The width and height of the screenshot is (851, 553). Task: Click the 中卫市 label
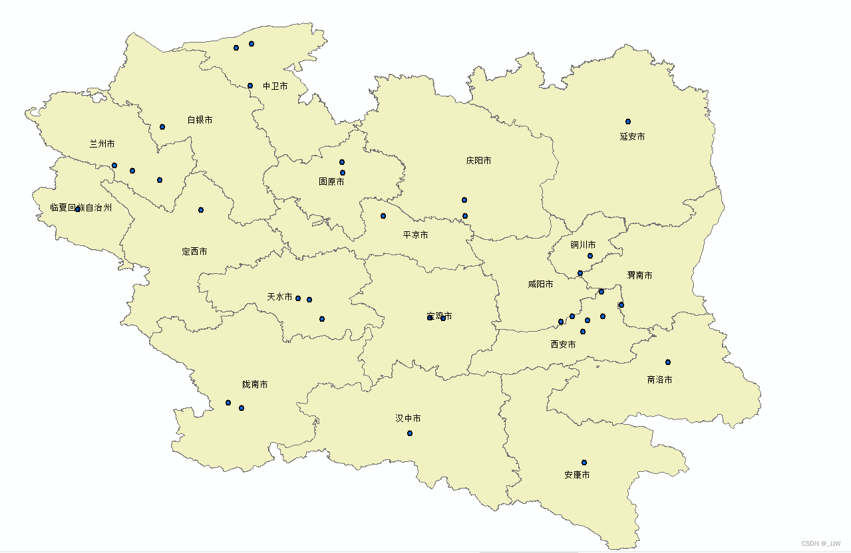click(275, 86)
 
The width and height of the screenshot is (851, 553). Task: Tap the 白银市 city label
click(200, 120)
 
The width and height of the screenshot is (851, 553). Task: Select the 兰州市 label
click(102, 144)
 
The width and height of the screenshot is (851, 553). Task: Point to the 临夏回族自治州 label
click(81, 207)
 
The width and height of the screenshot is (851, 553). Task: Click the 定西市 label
click(194, 252)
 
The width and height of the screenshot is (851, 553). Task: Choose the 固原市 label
click(331, 181)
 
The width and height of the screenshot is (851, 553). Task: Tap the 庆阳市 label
click(478, 161)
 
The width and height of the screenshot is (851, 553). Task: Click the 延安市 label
click(632, 137)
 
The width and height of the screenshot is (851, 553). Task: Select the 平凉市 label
click(415, 235)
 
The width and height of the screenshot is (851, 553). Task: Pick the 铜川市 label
click(583, 245)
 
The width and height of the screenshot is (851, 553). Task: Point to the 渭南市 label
click(639, 275)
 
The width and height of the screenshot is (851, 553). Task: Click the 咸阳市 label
click(540, 284)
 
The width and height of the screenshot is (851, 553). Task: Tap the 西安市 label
click(563, 345)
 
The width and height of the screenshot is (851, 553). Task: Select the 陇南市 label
click(255, 385)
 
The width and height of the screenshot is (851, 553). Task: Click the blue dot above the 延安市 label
click(627, 122)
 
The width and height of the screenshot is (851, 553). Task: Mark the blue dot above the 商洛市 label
click(667, 362)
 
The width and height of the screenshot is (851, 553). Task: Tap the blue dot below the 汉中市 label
click(409, 433)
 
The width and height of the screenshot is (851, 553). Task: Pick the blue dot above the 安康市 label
click(584, 463)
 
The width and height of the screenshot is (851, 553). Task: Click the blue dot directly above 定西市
click(200, 210)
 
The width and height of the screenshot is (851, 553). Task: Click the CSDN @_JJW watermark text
click(821, 543)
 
